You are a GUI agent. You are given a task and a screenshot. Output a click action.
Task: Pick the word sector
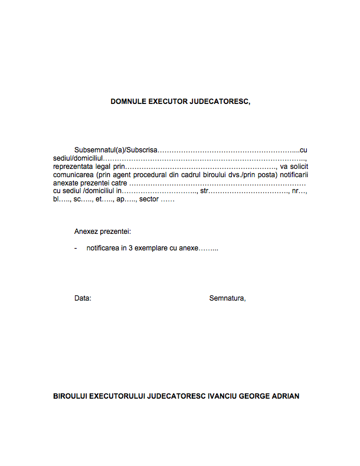149,200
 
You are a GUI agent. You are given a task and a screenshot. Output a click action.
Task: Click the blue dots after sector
168,200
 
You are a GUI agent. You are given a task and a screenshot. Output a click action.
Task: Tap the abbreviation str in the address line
204,191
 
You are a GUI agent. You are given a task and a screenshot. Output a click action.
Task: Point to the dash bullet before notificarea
76,249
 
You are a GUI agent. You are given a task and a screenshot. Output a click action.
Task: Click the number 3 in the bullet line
130,249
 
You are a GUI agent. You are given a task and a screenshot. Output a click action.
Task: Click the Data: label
83,298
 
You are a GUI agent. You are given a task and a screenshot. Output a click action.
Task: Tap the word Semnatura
227,298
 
